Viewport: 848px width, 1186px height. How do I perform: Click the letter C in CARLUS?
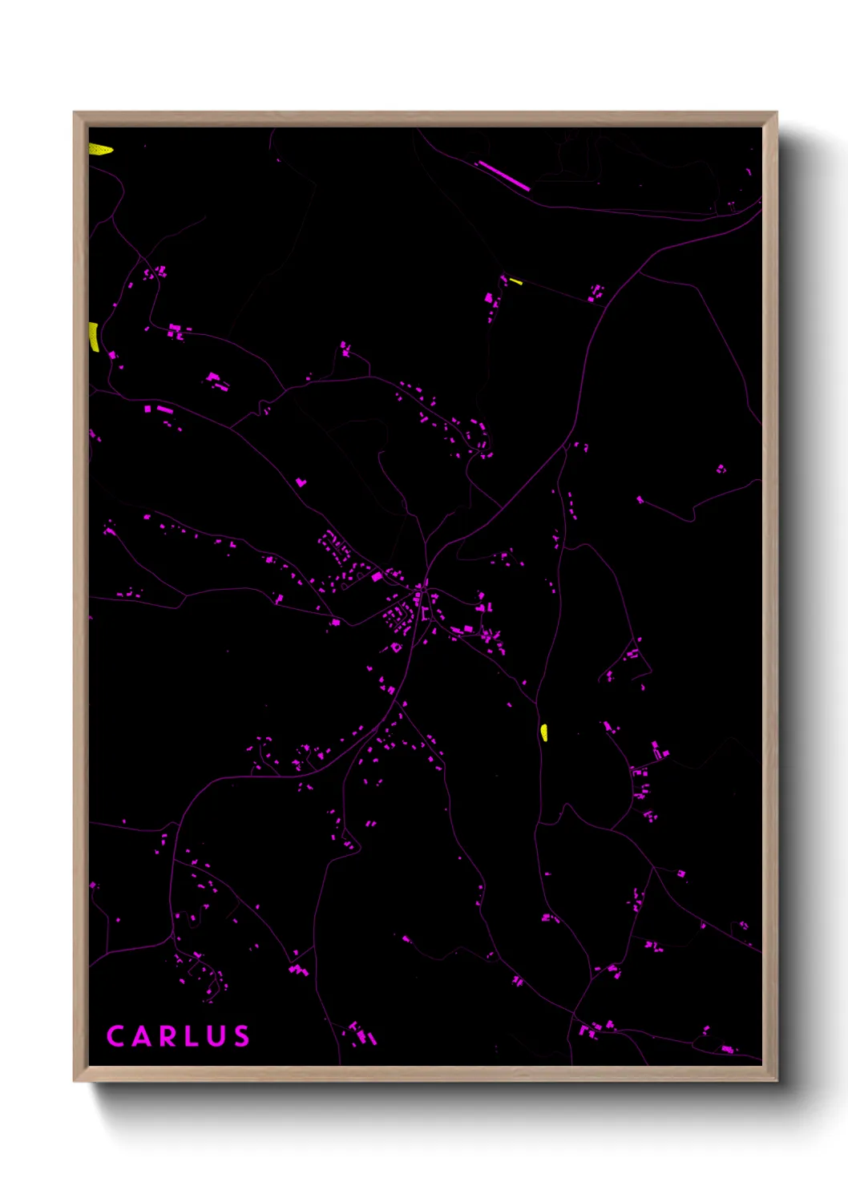point(115,1036)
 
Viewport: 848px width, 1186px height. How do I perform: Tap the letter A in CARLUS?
point(142,1036)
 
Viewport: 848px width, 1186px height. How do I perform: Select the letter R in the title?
point(169,1036)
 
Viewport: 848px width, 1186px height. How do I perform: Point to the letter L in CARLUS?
point(193,1036)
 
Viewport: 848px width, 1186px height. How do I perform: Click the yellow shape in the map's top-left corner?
point(99,149)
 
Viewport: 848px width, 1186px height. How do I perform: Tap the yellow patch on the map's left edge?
point(94,337)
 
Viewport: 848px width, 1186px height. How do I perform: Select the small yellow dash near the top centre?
point(515,281)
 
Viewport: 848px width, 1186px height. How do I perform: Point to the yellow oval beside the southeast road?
point(544,732)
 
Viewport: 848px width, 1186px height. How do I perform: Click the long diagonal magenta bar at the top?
point(503,175)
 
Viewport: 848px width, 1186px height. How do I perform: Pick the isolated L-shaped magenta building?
point(301,482)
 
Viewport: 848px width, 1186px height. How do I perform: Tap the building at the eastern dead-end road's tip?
point(640,500)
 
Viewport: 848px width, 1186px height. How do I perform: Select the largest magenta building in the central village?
point(377,576)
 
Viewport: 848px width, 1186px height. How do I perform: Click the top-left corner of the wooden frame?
point(75,113)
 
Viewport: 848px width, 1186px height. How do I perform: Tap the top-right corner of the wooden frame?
point(776,113)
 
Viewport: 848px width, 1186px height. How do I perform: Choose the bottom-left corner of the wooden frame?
point(75,1080)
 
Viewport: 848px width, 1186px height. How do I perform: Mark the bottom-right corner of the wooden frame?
point(776,1080)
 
